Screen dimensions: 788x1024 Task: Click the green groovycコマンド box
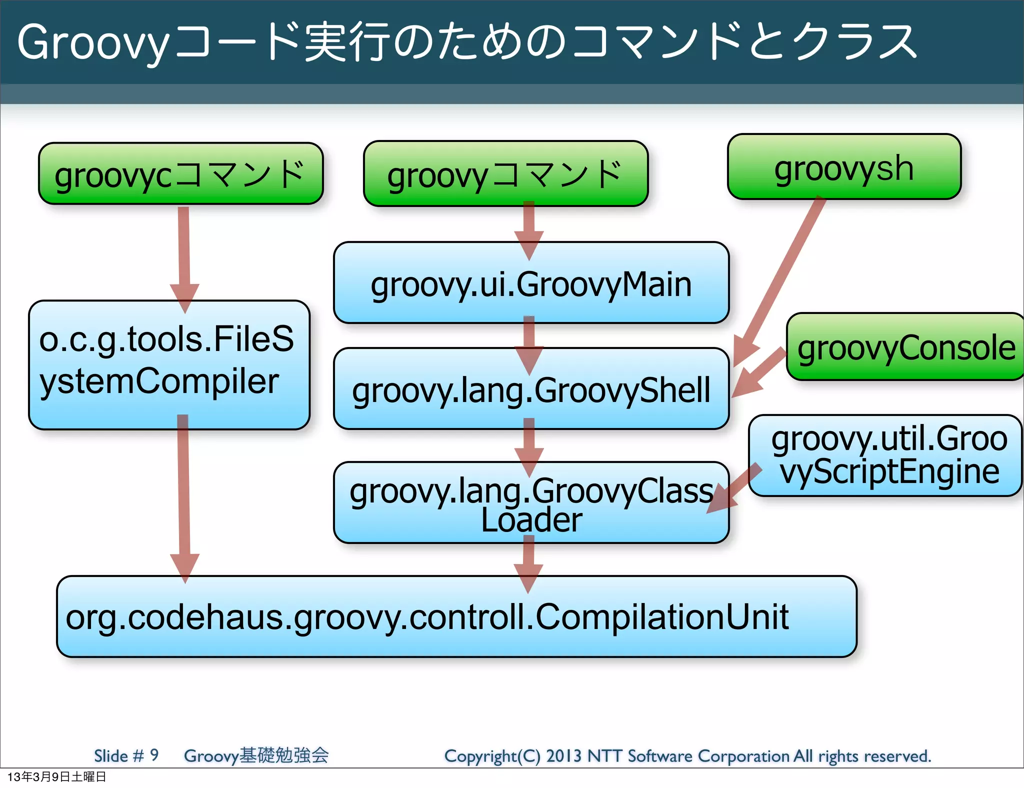(180, 173)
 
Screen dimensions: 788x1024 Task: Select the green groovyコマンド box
(505, 174)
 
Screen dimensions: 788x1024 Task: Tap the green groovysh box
(844, 167)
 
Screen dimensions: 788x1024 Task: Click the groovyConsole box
(905, 347)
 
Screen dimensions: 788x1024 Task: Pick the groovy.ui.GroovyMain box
(531, 283)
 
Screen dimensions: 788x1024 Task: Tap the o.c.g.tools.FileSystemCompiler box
(168, 365)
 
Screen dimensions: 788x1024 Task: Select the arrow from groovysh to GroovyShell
(780, 280)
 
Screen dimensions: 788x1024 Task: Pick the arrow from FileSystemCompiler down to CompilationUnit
(183, 495)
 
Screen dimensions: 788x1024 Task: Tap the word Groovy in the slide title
(93, 42)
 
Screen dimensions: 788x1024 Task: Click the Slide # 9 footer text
(126, 755)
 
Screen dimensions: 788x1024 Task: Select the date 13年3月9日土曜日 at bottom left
(56, 776)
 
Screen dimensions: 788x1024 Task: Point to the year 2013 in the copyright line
(563, 755)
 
